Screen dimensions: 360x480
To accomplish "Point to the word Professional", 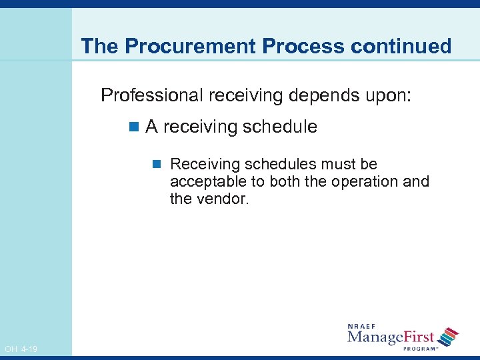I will click(152, 95).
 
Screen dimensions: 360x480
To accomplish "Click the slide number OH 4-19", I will click(21, 349).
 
